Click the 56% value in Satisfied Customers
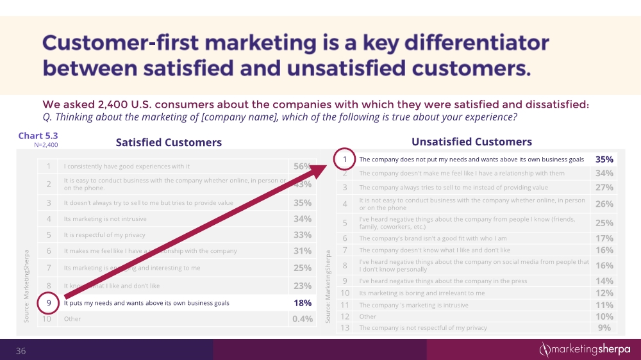pyautogui.click(x=302, y=167)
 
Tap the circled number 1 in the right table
pyautogui.click(x=344, y=160)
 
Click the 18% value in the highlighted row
pyautogui.click(x=302, y=302)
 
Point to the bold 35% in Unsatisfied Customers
pyautogui.click(x=604, y=160)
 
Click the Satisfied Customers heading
pyautogui.click(x=169, y=142)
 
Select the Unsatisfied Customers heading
pyautogui.click(x=470, y=142)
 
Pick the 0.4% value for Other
pyautogui.click(x=302, y=319)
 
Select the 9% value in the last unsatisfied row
pyautogui.click(x=604, y=327)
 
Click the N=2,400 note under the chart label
pyautogui.click(x=46, y=145)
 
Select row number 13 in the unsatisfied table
pyautogui.click(x=344, y=327)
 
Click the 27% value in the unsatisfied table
pyautogui.click(x=604, y=187)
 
